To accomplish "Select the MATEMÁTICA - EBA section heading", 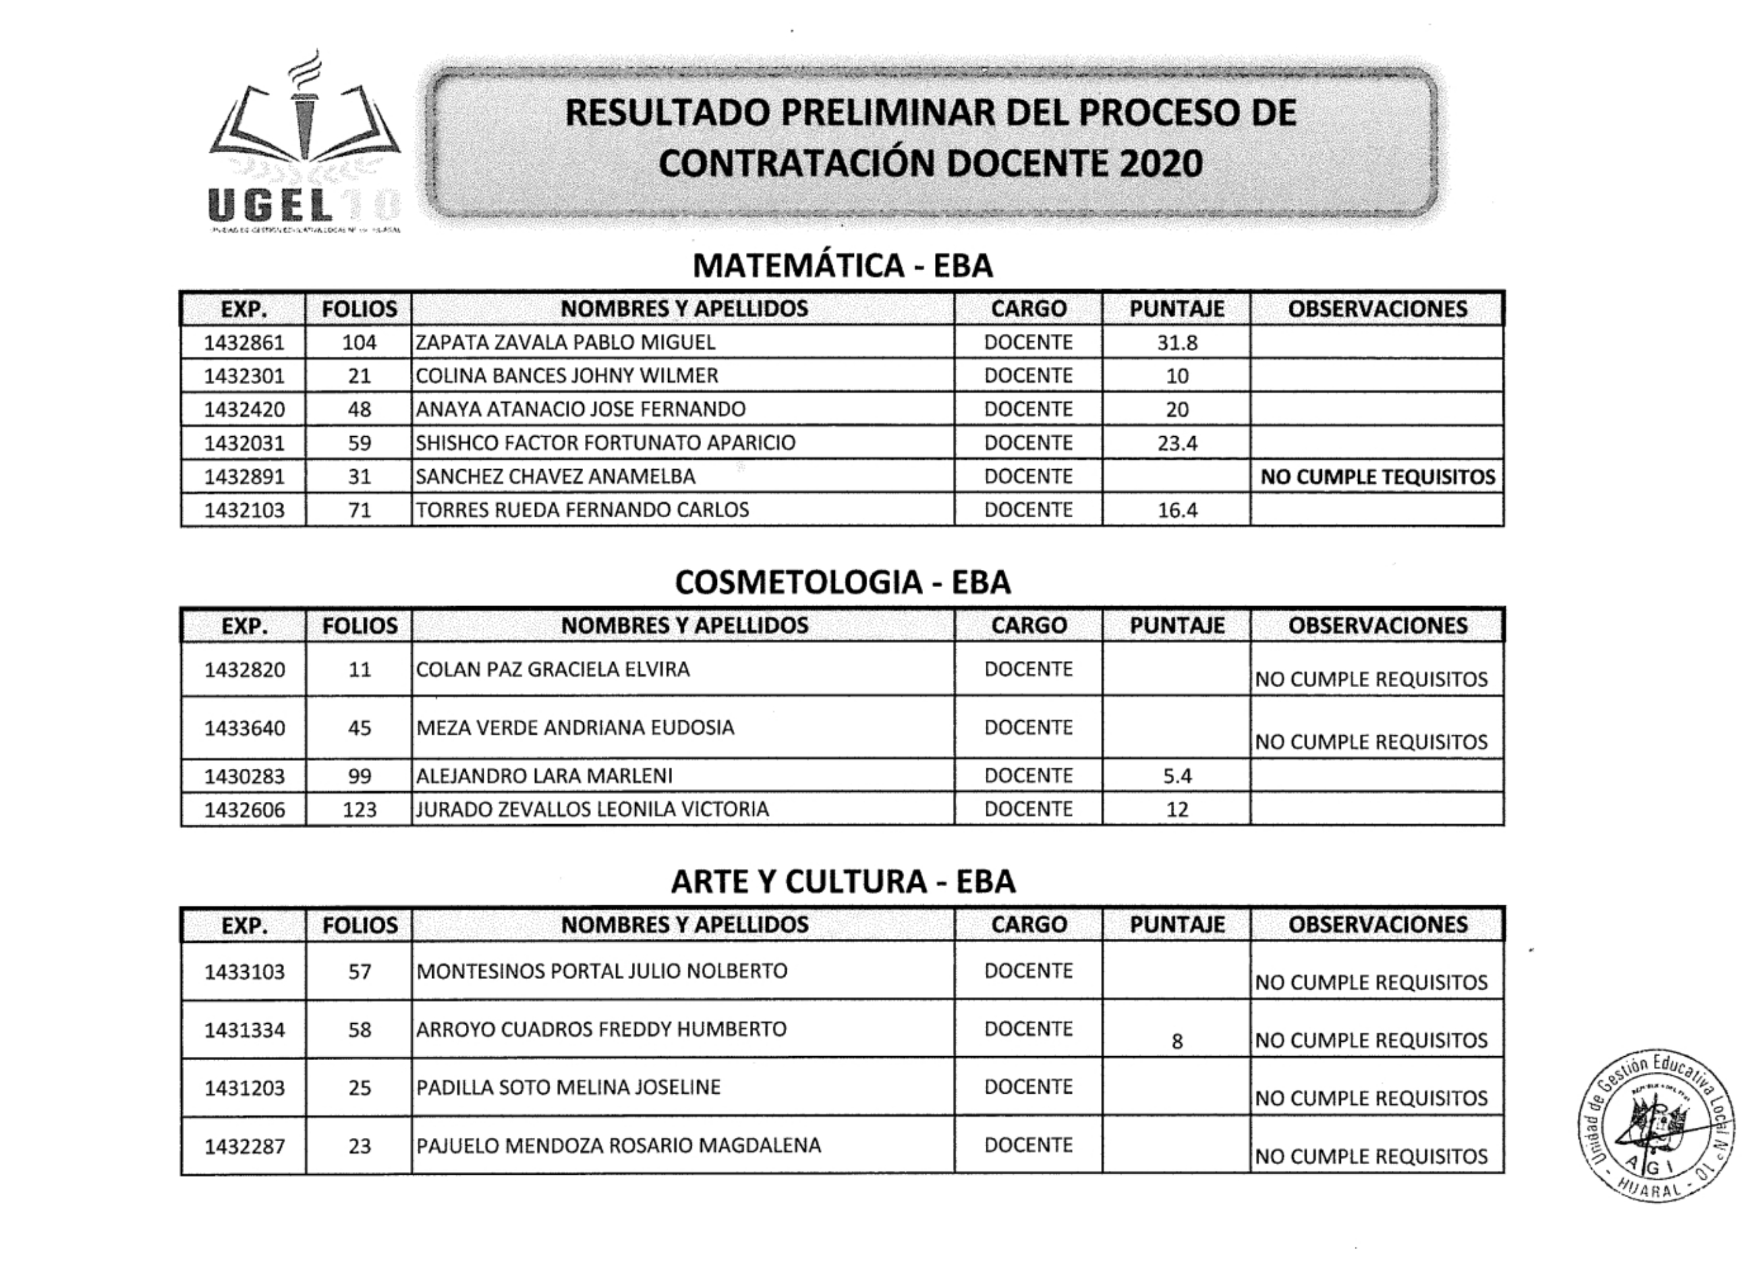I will [x=843, y=266].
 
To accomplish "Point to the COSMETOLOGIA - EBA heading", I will [x=843, y=582].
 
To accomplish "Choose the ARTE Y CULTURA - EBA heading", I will [x=843, y=882].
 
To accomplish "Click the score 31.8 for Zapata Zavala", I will [x=1177, y=343].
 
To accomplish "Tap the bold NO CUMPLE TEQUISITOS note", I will [x=1377, y=477].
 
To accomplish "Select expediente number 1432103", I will [x=244, y=510].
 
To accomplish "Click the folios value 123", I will [x=359, y=809].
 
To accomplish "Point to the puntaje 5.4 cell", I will [x=1177, y=776].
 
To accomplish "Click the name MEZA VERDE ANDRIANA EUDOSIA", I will [x=575, y=728].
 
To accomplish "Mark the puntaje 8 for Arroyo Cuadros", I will [x=1177, y=1042].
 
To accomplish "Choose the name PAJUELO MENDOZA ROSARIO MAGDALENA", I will [x=619, y=1146].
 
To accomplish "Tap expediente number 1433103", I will [x=244, y=971].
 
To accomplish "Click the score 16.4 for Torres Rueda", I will [x=1177, y=510].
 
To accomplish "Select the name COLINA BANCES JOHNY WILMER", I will [x=567, y=376].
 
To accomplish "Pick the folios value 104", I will [x=359, y=343].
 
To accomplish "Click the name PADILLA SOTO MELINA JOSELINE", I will [x=568, y=1088].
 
